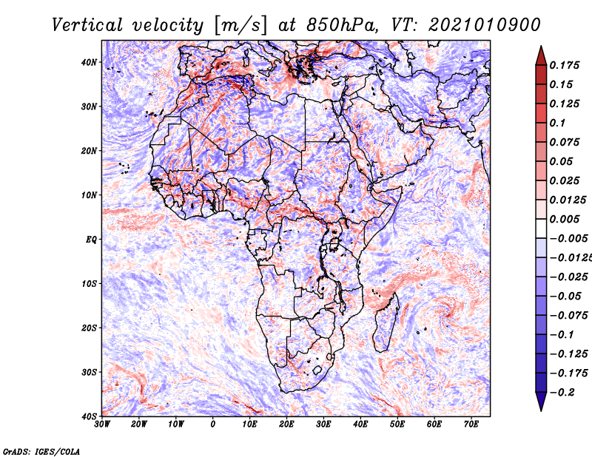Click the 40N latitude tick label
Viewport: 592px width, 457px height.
tap(89, 62)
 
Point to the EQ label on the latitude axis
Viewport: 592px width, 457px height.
tap(91, 240)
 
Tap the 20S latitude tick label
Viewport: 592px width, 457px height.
tap(89, 328)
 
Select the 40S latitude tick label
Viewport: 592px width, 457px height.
tap(89, 416)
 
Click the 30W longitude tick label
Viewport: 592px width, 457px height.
tap(102, 424)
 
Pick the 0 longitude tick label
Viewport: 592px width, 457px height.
tap(213, 424)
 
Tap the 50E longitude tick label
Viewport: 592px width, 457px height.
tap(397, 424)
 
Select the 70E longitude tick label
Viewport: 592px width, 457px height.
tap(471, 424)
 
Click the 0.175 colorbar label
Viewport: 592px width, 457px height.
tap(565, 65)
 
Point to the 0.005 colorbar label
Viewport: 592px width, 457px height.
tap(565, 219)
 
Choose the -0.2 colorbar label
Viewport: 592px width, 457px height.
tap(562, 393)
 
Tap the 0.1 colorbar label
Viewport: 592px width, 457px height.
tap(558, 123)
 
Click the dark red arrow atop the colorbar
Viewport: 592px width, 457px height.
tap(541, 55)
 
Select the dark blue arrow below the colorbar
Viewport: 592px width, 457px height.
tap(541, 402)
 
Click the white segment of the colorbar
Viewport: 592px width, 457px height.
tap(541, 228)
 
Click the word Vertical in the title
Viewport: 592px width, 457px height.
tap(87, 25)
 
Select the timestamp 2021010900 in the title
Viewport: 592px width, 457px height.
tap(485, 25)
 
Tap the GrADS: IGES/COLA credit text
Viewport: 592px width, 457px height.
tap(41, 451)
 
